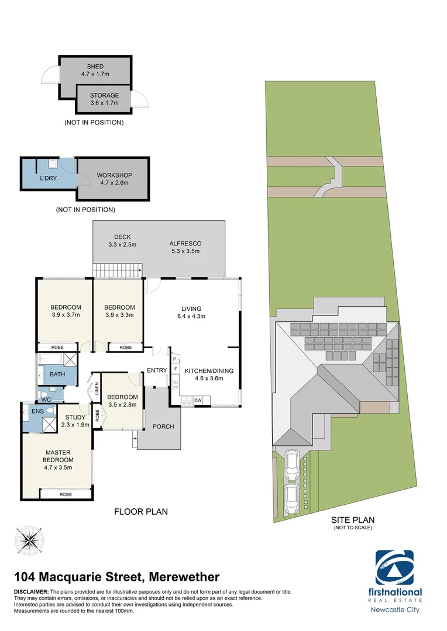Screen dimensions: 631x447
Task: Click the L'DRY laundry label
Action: [x=48, y=178]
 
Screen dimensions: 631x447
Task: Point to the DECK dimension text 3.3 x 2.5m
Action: [x=122, y=244]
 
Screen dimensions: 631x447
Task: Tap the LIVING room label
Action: [x=191, y=308]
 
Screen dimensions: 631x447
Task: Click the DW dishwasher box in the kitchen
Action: [x=198, y=400]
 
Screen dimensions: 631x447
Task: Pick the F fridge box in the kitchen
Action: [x=175, y=369]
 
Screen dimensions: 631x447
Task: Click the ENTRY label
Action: [x=157, y=370]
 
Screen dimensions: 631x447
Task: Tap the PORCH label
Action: [x=163, y=427]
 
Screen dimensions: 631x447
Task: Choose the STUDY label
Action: [x=75, y=417]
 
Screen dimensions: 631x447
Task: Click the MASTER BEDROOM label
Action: [x=58, y=456]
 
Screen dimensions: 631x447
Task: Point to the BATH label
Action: [x=57, y=375]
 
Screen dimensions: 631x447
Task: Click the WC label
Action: [x=46, y=400]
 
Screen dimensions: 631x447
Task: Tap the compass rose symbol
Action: [x=29, y=540]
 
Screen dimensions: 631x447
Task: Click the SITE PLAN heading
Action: [x=353, y=519]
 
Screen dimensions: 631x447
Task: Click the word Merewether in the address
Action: [x=184, y=577]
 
